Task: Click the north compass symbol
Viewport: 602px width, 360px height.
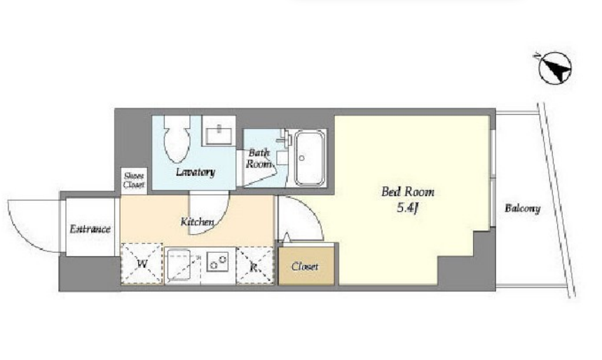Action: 555,68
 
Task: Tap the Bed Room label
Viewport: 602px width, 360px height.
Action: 408,191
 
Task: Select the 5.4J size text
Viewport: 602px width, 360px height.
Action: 407,208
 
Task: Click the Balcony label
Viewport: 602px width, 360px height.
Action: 523,209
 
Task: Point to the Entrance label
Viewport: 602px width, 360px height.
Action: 90,229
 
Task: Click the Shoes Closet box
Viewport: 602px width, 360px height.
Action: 134,181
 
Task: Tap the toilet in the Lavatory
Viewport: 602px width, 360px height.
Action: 177,139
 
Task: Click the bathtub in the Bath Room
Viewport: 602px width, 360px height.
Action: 310,158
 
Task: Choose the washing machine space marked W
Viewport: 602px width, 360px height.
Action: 142,263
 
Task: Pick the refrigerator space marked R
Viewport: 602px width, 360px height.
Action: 254,265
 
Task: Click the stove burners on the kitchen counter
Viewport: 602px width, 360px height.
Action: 218,262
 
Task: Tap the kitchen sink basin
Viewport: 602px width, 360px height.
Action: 178,265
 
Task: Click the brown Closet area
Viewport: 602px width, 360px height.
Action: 306,266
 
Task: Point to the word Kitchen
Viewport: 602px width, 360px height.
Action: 198,222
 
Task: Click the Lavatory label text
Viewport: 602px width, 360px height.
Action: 196,172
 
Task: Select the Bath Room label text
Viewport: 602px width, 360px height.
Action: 259,158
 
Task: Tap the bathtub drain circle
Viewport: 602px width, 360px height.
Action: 302,158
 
